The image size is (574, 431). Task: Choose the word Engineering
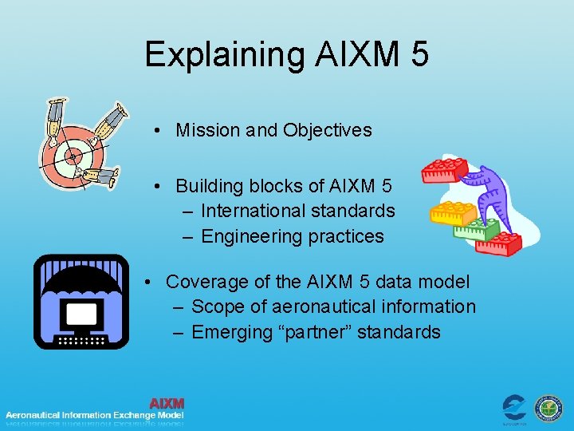click(x=250, y=236)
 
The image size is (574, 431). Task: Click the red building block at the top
click(x=444, y=169)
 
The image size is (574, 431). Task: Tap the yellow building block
click(x=453, y=212)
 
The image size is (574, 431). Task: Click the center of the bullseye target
click(x=73, y=156)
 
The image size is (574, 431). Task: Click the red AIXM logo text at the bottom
click(x=167, y=403)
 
